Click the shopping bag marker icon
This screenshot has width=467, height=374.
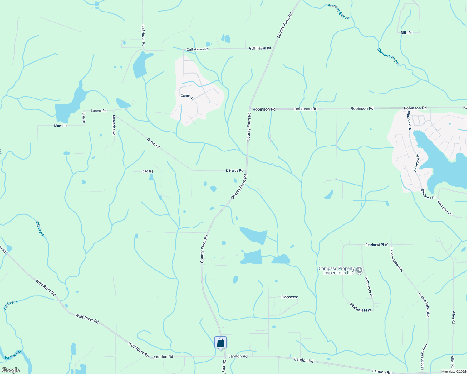click(x=220, y=343)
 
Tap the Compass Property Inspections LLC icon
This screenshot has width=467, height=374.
click(x=359, y=270)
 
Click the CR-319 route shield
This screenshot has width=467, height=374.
click(x=147, y=171)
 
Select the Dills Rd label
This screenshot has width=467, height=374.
click(x=406, y=33)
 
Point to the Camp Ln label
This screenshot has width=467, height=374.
click(x=187, y=97)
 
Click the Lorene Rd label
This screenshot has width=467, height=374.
click(x=99, y=111)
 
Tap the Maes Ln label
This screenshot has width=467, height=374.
click(x=61, y=126)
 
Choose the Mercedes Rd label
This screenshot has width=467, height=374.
click(x=114, y=125)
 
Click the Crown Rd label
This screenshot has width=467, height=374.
click(x=153, y=143)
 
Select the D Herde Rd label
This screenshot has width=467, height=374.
click(x=234, y=171)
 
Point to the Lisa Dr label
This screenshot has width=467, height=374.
click(x=84, y=117)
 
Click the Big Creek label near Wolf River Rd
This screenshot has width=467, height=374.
click(x=10, y=304)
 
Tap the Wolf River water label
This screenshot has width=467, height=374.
click(x=13, y=355)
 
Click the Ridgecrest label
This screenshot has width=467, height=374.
click(x=289, y=297)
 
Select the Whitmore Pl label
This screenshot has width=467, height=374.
click(x=369, y=287)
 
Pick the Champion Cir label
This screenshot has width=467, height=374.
click(x=445, y=208)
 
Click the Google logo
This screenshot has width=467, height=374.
click(x=11, y=370)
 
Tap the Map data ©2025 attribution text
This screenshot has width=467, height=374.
click(x=454, y=372)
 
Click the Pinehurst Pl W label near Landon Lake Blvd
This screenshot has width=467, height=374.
click(x=376, y=245)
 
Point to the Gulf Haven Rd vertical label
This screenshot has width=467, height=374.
click(x=143, y=36)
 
